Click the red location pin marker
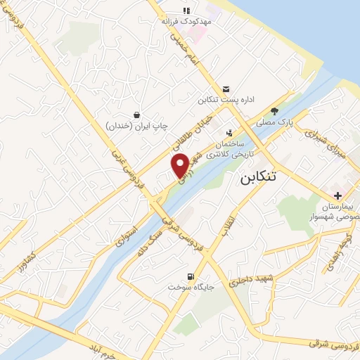(181, 165)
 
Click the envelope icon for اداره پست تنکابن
(226, 89)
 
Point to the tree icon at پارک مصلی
(274, 110)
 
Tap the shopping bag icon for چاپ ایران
(136, 114)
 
